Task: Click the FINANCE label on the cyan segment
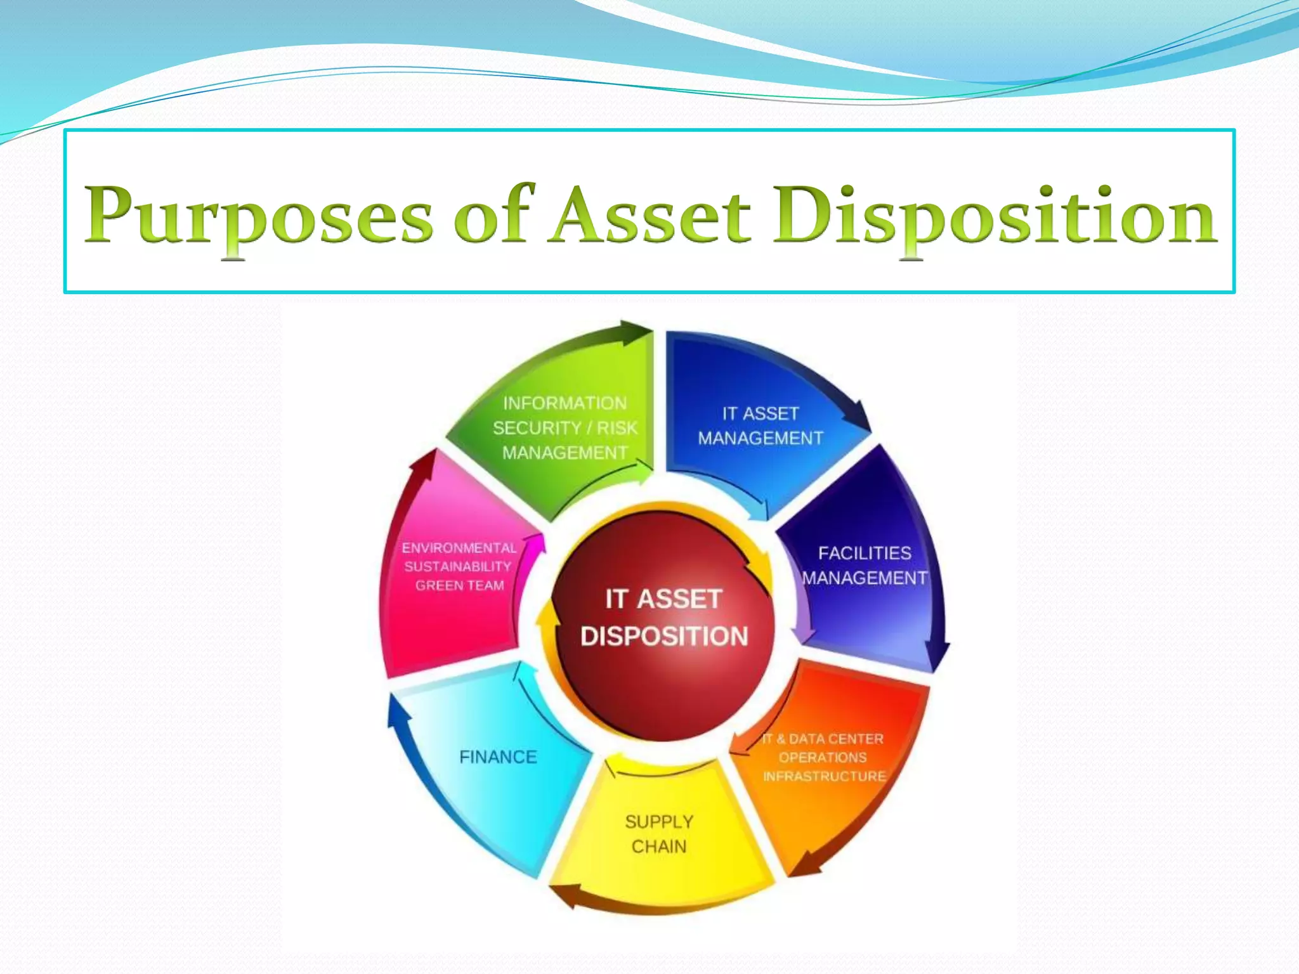coord(498,757)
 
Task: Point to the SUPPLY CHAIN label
coord(659,834)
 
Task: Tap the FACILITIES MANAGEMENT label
coord(864,566)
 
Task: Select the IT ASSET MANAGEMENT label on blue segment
coord(760,425)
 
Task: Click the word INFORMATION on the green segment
coord(565,403)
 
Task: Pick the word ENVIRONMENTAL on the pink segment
coord(459,548)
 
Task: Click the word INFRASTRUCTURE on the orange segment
coord(824,776)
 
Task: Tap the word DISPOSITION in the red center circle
coord(664,636)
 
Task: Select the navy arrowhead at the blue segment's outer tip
coord(856,415)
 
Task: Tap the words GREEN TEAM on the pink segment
coord(459,585)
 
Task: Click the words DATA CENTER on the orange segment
coord(836,739)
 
